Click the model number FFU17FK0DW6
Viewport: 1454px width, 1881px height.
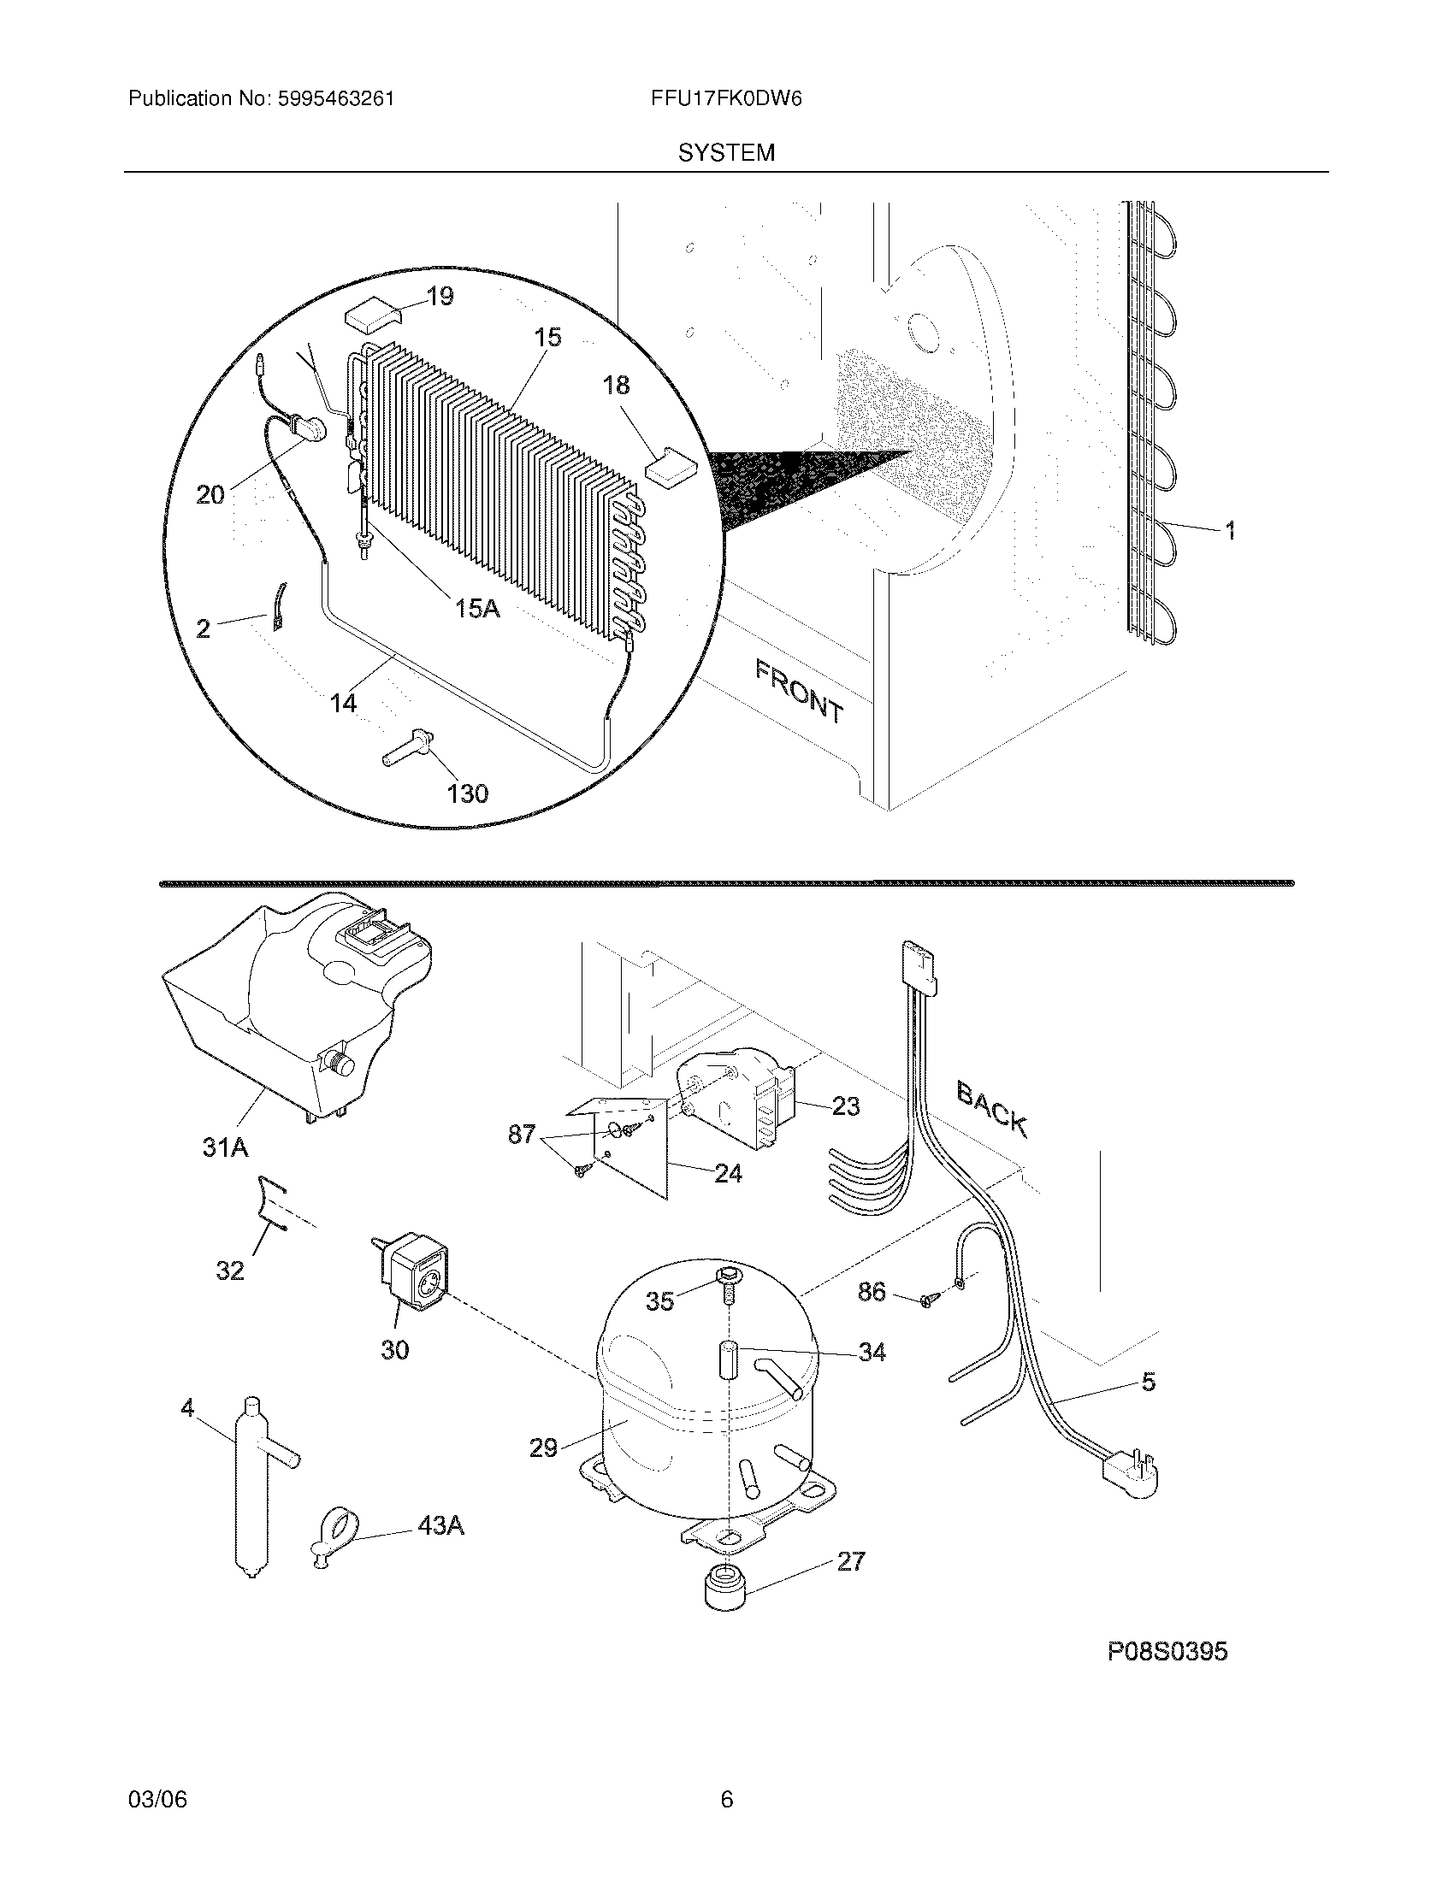click(727, 99)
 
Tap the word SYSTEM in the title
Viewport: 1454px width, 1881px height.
click(726, 153)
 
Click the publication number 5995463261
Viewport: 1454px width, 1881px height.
click(335, 99)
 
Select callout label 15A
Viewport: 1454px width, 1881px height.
click(477, 609)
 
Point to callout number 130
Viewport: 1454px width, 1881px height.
click(468, 793)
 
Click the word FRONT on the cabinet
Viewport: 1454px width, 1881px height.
click(800, 690)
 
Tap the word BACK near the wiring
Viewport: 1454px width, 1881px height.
click(992, 1108)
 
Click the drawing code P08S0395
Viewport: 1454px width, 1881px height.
click(1167, 1651)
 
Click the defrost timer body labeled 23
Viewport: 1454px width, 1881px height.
click(741, 1100)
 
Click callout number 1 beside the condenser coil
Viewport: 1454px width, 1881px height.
click(1230, 531)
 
